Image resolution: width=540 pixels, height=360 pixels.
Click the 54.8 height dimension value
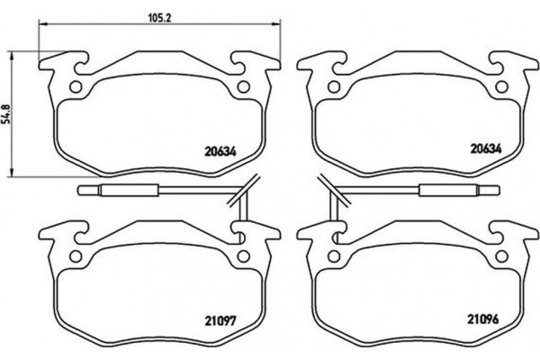tap(6, 115)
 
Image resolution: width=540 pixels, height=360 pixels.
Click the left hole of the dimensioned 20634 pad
tap(76, 87)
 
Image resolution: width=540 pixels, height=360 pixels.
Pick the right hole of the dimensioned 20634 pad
tap(241, 87)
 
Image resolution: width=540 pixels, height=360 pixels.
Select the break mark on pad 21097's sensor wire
tap(241, 190)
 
